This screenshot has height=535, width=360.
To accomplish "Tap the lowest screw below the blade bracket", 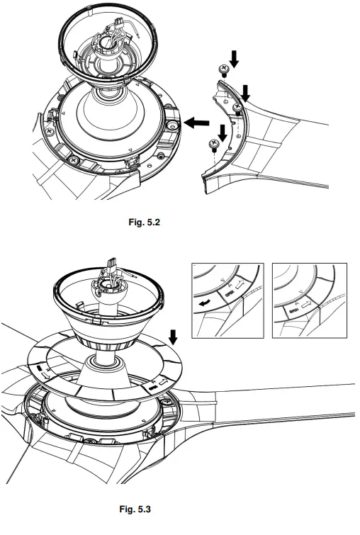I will [x=212, y=144].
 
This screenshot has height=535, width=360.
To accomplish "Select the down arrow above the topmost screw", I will [x=235, y=62].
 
